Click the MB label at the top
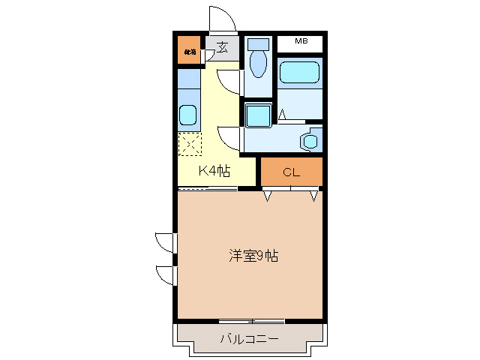[x=301, y=42]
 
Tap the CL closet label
[x=291, y=172]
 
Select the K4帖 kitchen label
[x=214, y=172]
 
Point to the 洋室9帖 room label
[x=253, y=256]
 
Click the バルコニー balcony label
[x=249, y=339]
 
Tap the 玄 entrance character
[x=222, y=48]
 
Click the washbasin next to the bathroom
[x=309, y=140]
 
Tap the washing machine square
[x=259, y=115]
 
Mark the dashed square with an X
[x=189, y=143]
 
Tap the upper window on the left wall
[x=165, y=243]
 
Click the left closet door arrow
[x=267, y=196]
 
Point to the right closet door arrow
[x=314, y=196]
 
